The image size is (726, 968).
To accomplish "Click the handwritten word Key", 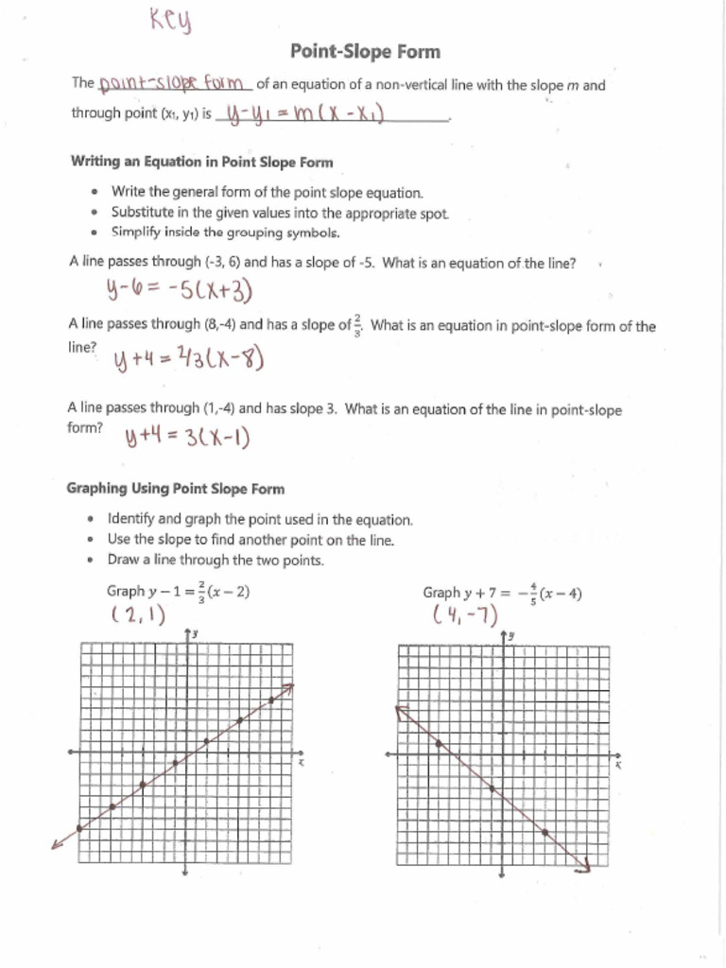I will pyautogui.click(x=170, y=19).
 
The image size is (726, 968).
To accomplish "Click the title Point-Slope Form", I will pyautogui.click(x=365, y=51).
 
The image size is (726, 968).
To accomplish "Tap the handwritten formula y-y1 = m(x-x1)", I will pyautogui.click(x=299, y=114).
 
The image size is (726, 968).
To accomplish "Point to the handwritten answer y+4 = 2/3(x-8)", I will pyautogui.click(x=188, y=359).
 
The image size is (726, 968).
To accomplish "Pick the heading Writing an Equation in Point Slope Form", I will pyautogui.click(x=201, y=162).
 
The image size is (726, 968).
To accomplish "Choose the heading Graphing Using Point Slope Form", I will pyautogui.click(x=175, y=489).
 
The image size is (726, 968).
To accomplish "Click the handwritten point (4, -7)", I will pyautogui.click(x=465, y=616).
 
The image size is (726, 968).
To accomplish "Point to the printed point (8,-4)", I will pyautogui.click(x=219, y=324).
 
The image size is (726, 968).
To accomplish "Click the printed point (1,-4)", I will pyautogui.click(x=219, y=409).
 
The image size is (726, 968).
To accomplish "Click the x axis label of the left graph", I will pyautogui.click(x=301, y=763).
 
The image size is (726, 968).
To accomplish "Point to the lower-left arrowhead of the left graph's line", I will pyautogui.click(x=56, y=844).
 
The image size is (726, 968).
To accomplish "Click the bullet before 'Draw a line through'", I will pyautogui.click(x=91, y=561).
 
